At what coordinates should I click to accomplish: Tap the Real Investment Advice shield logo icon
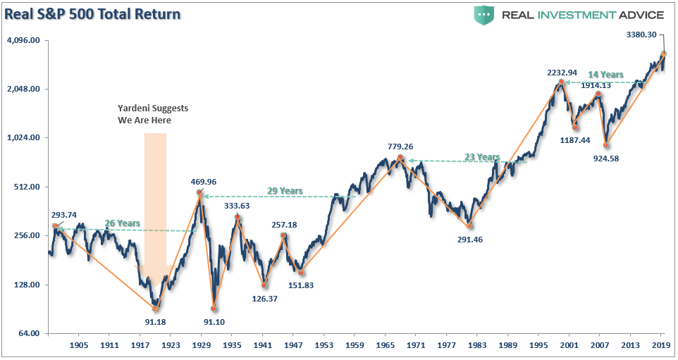click(x=484, y=15)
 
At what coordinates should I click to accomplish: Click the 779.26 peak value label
click(x=400, y=147)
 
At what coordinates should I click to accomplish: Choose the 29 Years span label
click(x=285, y=191)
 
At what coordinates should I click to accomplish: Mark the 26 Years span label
click(x=123, y=223)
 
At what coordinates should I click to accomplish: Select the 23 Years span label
click(x=482, y=158)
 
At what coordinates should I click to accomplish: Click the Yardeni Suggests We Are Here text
click(x=153, y=114)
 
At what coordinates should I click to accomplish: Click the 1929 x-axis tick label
click(x=202, y=346)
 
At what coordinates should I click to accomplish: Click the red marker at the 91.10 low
click(x=214, y=309)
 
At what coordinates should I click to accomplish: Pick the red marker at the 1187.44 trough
click(x=575, y=126)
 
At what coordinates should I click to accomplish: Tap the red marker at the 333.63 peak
click(x=238, y=217)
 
